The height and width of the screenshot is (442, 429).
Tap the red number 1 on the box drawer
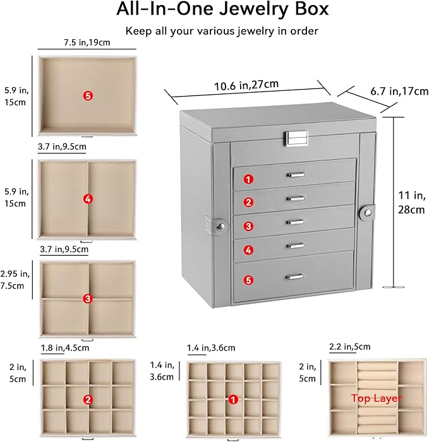(249, 179)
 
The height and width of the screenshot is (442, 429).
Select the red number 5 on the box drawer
(249, 278)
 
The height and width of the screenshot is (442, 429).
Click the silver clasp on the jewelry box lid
(296, 137)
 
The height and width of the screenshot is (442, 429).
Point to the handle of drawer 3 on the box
(295, 222)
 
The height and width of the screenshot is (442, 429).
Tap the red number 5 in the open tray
(88, 95)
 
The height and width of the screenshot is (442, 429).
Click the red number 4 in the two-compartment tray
(87, 199)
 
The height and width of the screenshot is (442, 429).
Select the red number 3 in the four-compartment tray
(87, 298)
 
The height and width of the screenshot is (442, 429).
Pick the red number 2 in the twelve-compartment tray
(87, 399)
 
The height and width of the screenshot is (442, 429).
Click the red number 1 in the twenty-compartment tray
(234, 399)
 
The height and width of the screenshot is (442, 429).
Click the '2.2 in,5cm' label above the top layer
(349, 347)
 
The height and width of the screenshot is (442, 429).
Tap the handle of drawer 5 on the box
(295, 276)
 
